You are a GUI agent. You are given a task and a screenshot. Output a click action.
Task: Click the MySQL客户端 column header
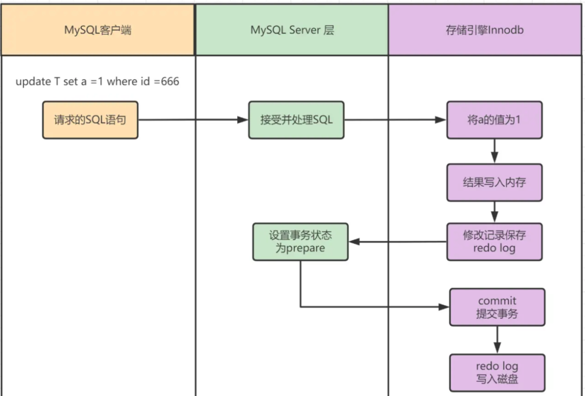[x=97, y=30]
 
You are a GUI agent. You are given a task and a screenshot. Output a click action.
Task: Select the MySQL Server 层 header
[x=292, y=30]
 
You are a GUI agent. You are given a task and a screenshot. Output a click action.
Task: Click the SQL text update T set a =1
[x=60, y=82]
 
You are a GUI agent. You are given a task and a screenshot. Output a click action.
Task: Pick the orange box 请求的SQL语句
[x=90, y=120]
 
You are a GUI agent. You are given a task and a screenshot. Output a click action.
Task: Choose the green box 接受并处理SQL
[x=296, y=120]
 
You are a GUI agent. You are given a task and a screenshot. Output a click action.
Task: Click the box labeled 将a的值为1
[x=494, y=120]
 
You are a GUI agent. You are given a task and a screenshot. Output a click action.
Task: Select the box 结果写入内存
[x=494, y=182]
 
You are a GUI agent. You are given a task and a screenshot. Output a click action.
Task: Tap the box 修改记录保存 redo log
[x=494, y=242]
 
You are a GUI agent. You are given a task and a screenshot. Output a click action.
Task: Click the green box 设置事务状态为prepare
[x=301, y=242]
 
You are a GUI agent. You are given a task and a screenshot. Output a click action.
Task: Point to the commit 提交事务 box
[x=497, y=307]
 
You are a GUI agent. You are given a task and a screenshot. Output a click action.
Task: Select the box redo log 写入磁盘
[x=497, y=373]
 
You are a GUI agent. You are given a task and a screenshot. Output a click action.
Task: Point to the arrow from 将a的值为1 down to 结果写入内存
[x=494, y=151]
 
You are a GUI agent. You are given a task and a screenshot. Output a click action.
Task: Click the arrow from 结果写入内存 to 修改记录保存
[x=494, y=212]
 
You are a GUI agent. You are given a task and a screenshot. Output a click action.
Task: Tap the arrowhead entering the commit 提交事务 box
[x=445, y=307]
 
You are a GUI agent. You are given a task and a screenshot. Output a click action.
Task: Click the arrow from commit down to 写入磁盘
[x=497, y=340]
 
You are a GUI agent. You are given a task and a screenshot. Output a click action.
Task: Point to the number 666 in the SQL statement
[x=169, y=82]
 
